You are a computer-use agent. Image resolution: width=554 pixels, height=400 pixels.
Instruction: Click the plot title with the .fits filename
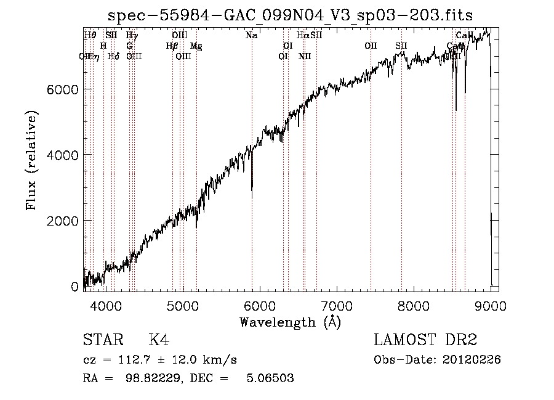[x=290, y=15]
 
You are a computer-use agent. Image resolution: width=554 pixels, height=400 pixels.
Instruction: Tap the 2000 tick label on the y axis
[x=64, y=221]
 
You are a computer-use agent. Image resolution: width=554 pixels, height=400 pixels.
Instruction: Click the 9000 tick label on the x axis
[x=491, y=305]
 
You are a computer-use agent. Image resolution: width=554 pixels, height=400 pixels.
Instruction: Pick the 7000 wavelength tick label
[x=337, y=305]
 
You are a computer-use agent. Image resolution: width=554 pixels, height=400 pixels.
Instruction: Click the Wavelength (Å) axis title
[x=290, y=322]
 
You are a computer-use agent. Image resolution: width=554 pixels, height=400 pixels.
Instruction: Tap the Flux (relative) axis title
[x=31, y=160]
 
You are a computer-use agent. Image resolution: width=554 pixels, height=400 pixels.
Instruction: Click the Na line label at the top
[x=251, y=35]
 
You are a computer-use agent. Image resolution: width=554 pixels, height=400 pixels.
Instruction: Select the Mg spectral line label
[x=196, y=46]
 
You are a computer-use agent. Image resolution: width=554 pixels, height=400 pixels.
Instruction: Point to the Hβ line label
[x=172, y=46]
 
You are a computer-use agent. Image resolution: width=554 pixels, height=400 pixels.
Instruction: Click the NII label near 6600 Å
[x=305, y=56]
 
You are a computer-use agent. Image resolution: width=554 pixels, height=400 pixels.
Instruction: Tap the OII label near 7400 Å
[x=371, y=46]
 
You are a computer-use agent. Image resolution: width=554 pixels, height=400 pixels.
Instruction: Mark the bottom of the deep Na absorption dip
[x=252, y=197]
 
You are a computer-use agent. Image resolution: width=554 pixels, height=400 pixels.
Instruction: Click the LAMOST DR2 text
[x=425, y=340]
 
